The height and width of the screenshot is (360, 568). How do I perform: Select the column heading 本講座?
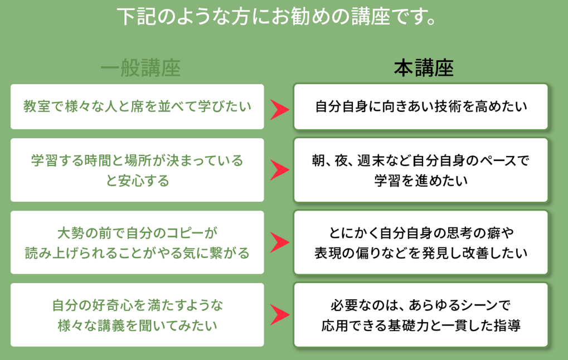[424, 68]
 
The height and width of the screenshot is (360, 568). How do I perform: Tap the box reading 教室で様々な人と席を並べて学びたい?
[137, 106]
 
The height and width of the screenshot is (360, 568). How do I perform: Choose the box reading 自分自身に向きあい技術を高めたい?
[421, 106]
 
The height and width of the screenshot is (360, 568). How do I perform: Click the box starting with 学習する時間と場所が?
[137, 170]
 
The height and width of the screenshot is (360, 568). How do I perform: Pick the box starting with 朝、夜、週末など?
[421, 170]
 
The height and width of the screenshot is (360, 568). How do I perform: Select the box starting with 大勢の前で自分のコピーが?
[137, 242]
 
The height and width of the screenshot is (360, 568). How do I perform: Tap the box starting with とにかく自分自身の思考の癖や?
[421, 242]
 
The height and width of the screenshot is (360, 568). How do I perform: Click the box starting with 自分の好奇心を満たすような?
[137, 315]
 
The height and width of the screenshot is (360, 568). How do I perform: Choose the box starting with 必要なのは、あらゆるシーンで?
[421, 315]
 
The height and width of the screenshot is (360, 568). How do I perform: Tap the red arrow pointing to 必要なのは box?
[279, 315]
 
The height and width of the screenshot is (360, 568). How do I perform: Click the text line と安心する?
[137, 181]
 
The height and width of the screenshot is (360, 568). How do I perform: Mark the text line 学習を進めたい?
[421, 181]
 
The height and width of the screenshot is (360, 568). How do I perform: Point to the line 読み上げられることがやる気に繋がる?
[137, 253]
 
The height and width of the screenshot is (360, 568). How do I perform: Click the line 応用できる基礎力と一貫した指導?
[421, 325]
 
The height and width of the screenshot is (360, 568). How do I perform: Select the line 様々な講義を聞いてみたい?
[137, 325]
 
